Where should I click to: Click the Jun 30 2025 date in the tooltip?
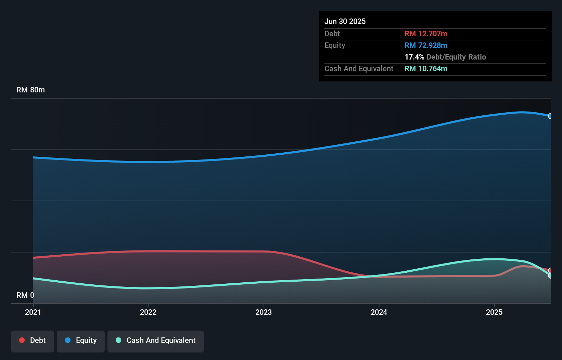[x=345, y=21]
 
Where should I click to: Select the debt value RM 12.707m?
[x=425, y=34]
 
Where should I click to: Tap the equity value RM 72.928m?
[x=425, y=45]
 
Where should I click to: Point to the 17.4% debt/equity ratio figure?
[x=414, y=57]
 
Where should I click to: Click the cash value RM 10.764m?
[x=425, y=68]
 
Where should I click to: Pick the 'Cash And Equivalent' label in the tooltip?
[x=359, y=68]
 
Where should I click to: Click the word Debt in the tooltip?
[x=332, y=34]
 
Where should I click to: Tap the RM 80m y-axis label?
[x=30, y=90]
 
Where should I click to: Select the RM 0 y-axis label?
[x=25, y=295]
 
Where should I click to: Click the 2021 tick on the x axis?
[x=33, y=312]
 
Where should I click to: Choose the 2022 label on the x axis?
[x=148, y=312]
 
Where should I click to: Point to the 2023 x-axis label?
[x=264, y=312]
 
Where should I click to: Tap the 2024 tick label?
[x=379, y=312]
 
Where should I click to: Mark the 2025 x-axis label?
[x=494, y=312]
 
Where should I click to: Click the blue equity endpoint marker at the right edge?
[x=550, y=116]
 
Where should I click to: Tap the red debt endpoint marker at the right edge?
[x=550, y=270]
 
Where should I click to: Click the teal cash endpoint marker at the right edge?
[x=550, y=275]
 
